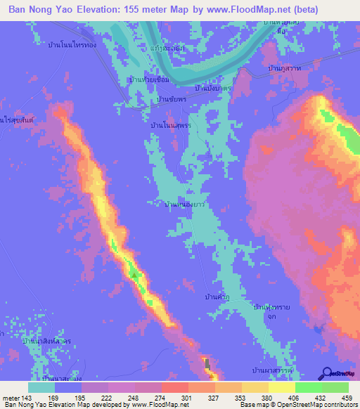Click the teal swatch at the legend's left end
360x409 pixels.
click(x=41, y=387)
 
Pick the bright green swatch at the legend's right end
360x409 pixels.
click(x=335, y=387)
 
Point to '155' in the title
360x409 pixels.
click(x=134, y=10)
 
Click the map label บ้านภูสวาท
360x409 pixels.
click(x=285, y=68)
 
